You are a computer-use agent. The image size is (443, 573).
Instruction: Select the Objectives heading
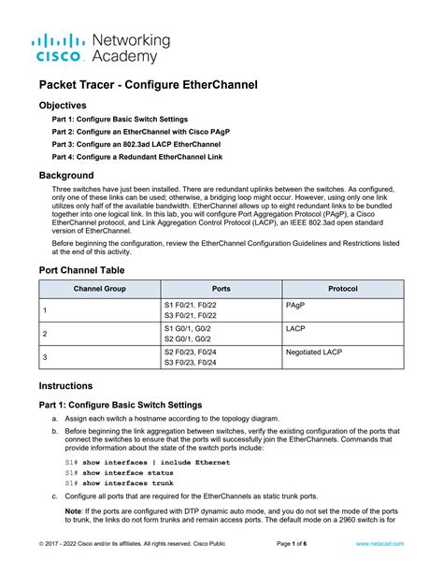tap(63, 106)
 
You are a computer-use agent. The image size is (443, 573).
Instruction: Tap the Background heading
tap(66, 176)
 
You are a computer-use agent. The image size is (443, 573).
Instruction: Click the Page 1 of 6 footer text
tap(297, 543)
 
